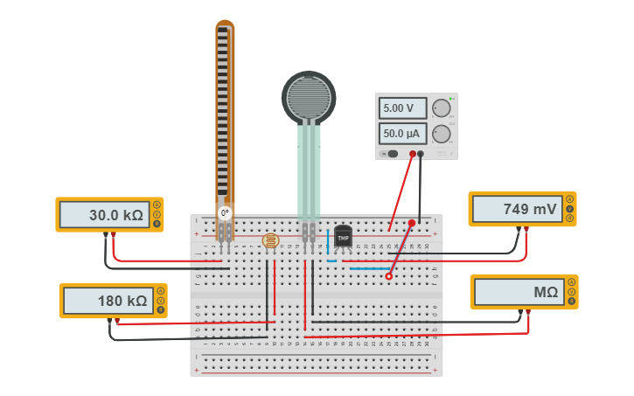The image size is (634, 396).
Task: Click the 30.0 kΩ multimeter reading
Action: (x=104, y=214)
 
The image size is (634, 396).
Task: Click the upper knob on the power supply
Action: (x=442, y=108)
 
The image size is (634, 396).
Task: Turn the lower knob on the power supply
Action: (x=442, y=134)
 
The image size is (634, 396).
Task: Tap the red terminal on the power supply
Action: (x=411, y=155)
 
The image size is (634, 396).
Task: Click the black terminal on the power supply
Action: (x=421, y=155)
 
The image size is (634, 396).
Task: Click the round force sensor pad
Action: (x=309, y=97)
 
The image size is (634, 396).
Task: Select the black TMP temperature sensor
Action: (x=343, y=237)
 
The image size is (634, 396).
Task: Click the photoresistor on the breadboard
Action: (x=270, y=240)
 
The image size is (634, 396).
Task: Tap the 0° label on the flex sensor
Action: (x=225, y=212)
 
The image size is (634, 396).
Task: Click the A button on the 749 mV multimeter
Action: (x=570, y=199)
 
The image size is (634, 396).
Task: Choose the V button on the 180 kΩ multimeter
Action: (x=160, y=301)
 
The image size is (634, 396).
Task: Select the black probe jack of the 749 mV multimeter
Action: (x=519, y=229)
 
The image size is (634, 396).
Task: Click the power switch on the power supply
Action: (x=391, y=154)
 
